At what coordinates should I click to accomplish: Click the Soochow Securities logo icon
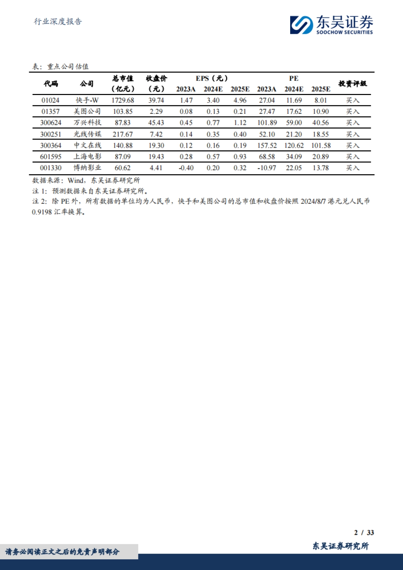pos(301,25)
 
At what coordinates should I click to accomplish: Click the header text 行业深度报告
pos(58,22)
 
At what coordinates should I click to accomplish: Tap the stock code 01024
pos(50,100)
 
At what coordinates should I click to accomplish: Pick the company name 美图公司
pos(87,111)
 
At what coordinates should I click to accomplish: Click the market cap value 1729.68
pos(123,100)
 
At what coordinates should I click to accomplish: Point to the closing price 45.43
pos(156,123)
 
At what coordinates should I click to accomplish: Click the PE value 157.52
pos(267,146)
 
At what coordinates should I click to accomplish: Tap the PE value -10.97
pos(267,168)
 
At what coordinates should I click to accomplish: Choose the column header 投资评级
pos(352,84)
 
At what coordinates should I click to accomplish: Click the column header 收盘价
pos(156,79)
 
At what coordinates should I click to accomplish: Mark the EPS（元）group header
pos(212,79)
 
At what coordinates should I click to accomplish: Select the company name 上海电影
pos(87,157)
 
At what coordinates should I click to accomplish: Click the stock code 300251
pos(51,134)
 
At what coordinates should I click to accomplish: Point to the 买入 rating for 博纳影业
pos(353,168)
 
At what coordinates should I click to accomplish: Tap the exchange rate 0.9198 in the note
pos(42,212)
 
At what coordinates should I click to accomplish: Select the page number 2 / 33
pos(364,532)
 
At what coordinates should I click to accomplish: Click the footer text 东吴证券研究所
pos(341,546)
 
